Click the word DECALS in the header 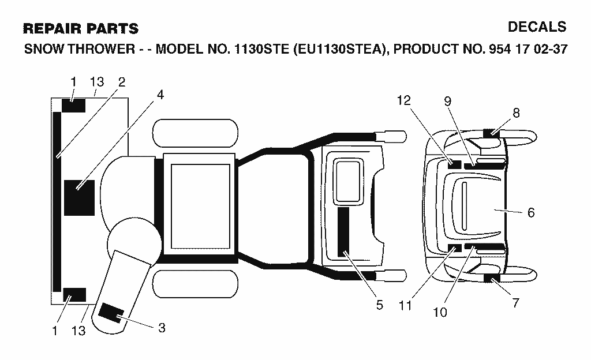point(537,27)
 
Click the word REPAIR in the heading point(51,29)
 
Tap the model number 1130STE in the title point(261,49)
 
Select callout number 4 point(160,95)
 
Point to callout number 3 point(162,328)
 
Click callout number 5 point(380,305)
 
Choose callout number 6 point(531,213)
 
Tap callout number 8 point(516,113)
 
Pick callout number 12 point(403,100)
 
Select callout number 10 point(440,312)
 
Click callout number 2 point(121,82)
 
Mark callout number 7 point(515,303)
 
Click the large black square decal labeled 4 point(79,198)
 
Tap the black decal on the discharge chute point(111,312)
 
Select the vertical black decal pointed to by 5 point(343,232)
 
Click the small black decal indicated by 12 point(454,164)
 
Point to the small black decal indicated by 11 point(455,247)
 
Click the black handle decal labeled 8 point(492,133)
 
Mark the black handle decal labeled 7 point(492,279)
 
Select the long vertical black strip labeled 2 point(57,202)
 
